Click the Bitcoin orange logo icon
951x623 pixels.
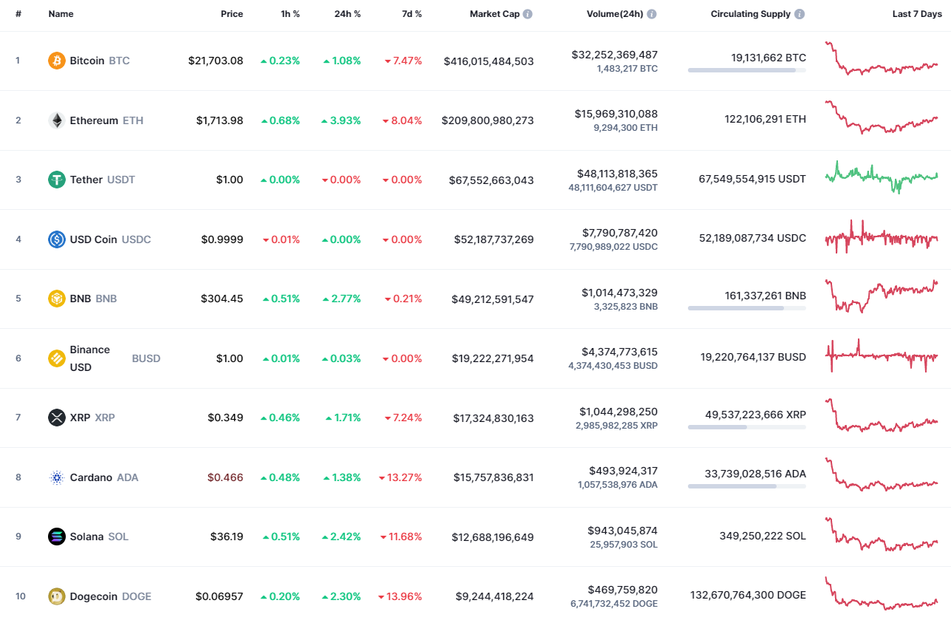click(x=57, y=61)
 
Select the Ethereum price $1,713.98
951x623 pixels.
click(x=219, y=120)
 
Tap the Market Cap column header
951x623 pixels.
click(x=494, y=14)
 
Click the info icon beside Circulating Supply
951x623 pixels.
click(x=800, y=14)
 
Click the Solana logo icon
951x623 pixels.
click(x=57, y=537)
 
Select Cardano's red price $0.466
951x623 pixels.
click(x=226, y=477)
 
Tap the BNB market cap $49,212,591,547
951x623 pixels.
click(x=492, y=299)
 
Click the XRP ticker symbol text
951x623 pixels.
click(x=105, y=418)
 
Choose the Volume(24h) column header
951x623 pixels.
click(x=616, y=14)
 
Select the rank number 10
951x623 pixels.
click(x=20, y=596)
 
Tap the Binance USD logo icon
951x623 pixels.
click(x=57, y=358)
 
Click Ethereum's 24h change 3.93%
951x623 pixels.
click(x=341, y=120)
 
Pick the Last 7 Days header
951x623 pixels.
click(x=917, y=14)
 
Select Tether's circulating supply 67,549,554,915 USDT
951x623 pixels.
click(x=752, y=179)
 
